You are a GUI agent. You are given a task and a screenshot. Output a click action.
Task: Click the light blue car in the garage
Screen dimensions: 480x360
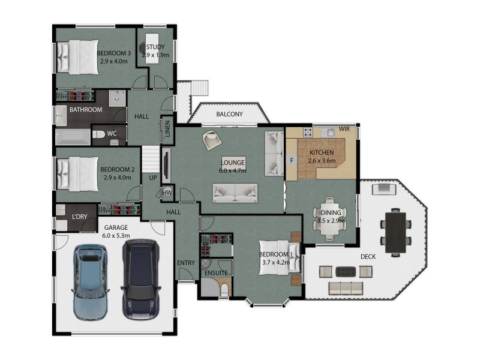point(91,282)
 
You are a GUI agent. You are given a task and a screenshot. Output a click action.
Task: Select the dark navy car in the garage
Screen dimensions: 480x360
point(141,280)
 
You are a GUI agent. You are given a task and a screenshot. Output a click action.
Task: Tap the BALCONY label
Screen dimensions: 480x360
point(229,114)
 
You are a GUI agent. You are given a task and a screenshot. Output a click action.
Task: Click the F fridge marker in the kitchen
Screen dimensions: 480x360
point(292,160)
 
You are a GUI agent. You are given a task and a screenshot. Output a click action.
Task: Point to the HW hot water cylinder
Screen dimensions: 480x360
point(167,193)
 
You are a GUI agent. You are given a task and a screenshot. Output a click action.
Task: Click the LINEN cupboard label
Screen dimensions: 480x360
point(167,129)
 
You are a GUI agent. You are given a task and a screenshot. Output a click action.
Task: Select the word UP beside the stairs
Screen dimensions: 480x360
point(153,178)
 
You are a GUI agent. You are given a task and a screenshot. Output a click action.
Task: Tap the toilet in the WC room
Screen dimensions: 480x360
point(98,134)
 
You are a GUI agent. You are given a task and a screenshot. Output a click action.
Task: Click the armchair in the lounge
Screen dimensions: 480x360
point(212,140)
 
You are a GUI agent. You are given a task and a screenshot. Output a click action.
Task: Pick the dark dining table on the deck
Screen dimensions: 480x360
point(395,232)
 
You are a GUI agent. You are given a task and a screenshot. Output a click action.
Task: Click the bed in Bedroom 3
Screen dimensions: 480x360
point(78,57)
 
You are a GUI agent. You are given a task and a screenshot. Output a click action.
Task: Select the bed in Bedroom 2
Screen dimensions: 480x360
point(78,174)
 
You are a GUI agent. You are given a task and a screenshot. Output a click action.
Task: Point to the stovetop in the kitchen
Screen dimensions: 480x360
point(308,132)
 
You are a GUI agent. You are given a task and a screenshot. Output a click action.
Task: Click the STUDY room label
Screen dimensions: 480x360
point(155,47)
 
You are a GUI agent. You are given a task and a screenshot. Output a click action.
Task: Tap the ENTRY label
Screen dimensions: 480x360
point(186,263)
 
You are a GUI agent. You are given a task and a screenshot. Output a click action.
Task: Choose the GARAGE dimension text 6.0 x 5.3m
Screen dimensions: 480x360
point(116,236)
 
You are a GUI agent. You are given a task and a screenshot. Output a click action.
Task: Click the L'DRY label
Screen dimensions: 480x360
point(80,217)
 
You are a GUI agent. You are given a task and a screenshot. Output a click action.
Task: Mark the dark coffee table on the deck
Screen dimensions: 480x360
point(346,272)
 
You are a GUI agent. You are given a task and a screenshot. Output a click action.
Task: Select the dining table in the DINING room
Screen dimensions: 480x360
point(329,218)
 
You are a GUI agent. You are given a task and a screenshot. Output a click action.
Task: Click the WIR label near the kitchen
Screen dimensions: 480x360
point(344,129)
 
